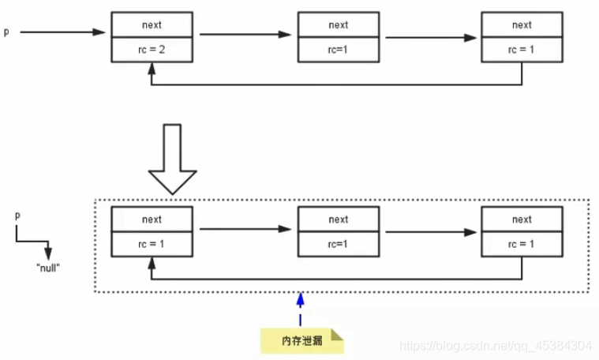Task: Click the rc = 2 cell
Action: pos(152,50)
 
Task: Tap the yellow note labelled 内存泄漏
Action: pos(302,340)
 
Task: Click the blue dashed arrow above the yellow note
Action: pos(300,309)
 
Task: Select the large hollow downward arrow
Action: pos(172,159)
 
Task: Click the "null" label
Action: pos(48,268)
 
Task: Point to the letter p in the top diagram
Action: pos(6,32)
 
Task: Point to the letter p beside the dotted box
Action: pos(17,216)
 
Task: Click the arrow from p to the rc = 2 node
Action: pos(62,32)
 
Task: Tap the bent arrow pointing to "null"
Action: pos(32,242)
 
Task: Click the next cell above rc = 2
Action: pos(152,24)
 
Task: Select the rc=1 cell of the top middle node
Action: pos(339,50)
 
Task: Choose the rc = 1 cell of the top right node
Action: pos(522,50)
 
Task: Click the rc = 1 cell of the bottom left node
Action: pos(152,244)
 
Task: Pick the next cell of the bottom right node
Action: pos(522,219)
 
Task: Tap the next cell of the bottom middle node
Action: pos(339,219)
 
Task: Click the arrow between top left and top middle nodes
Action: pos(245,35)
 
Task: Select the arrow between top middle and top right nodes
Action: pos(431,38)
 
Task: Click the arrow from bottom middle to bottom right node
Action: pos(431,232)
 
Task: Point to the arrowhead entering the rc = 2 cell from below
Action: pos(152,68)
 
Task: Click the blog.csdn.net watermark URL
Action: pos(495,346)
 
